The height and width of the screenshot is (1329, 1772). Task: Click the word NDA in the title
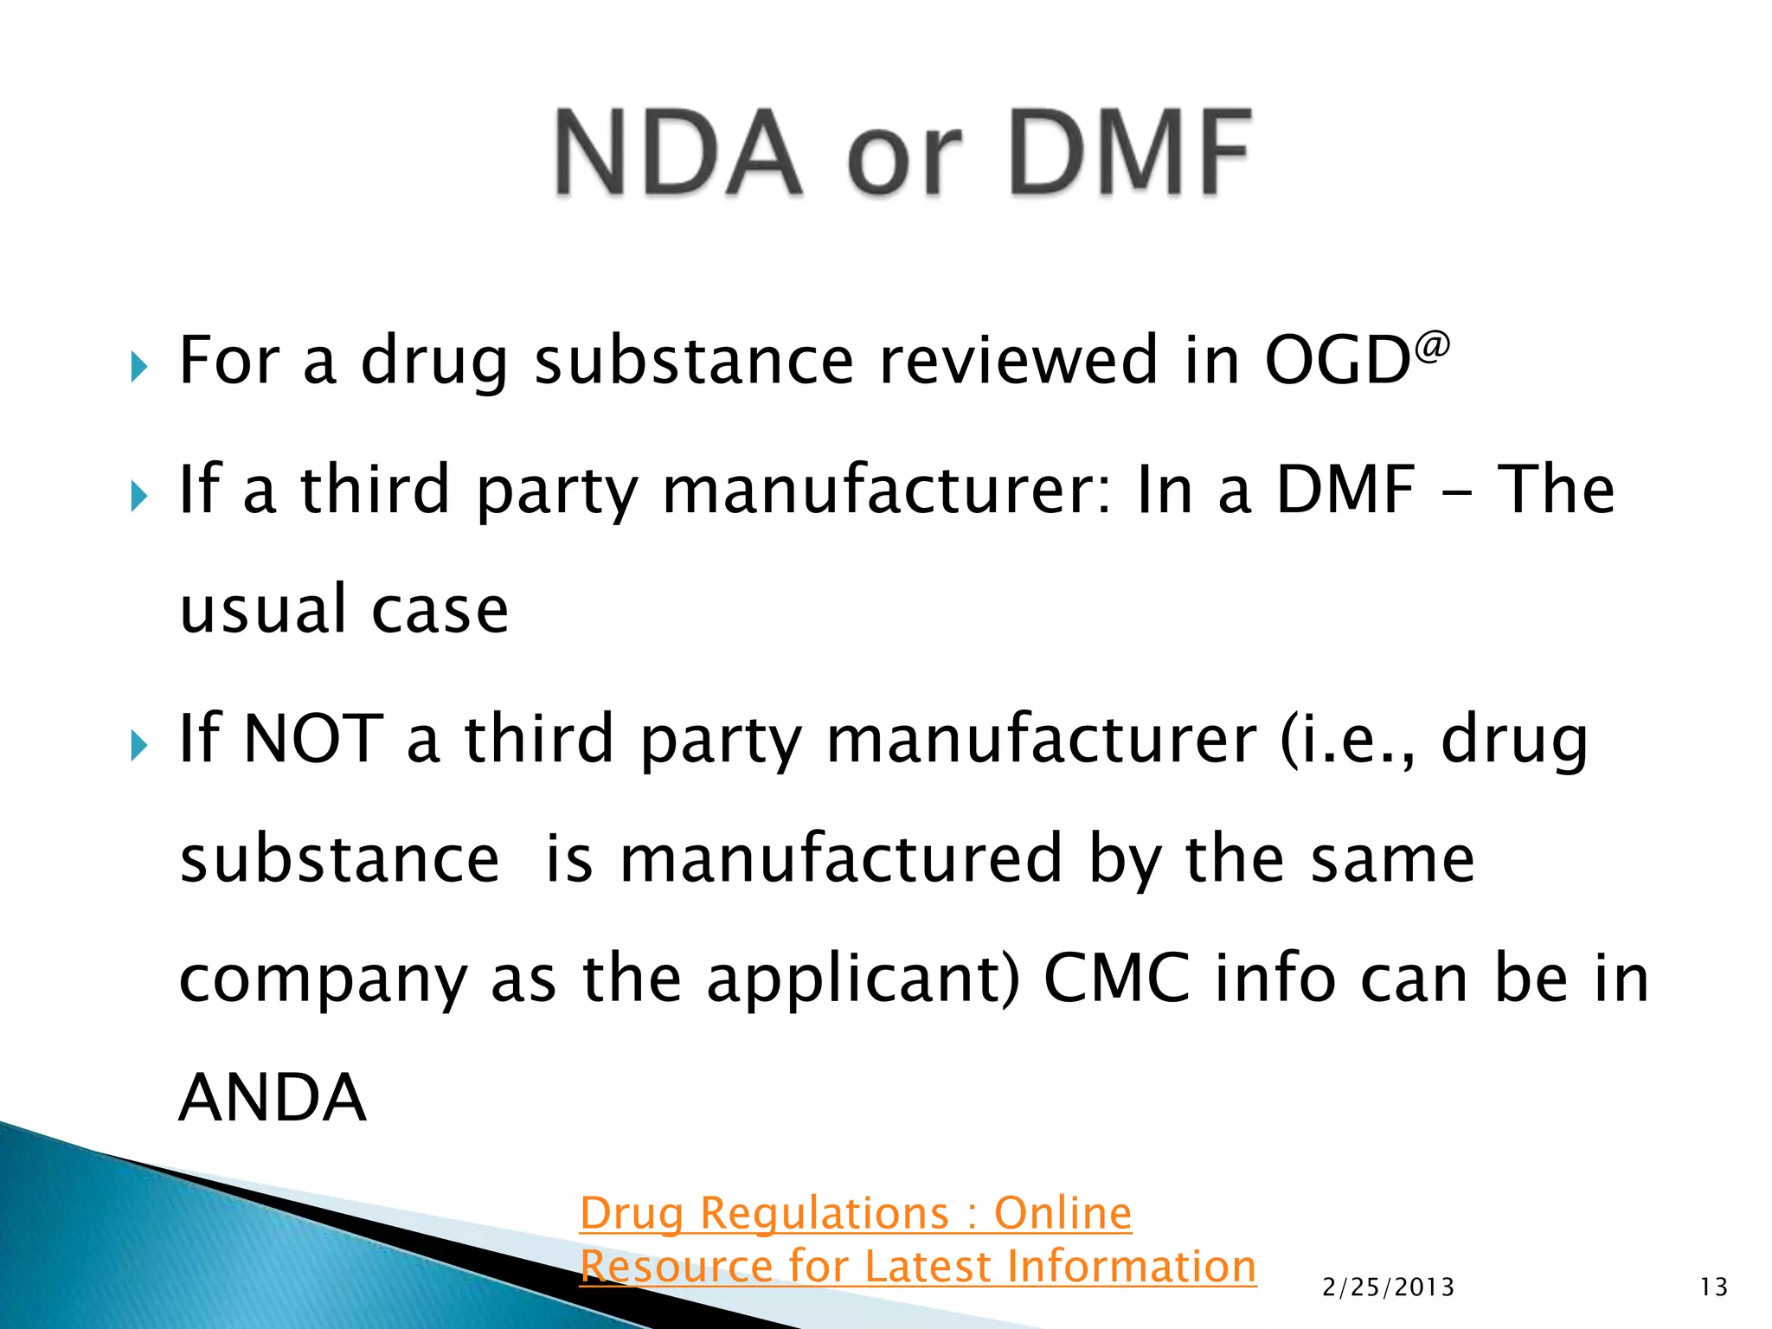[678, 154]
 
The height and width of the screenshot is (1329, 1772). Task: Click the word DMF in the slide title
[1130, 154]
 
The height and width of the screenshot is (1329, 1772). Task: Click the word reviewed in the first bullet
[1018, 360]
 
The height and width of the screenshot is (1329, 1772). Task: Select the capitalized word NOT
[313, 739]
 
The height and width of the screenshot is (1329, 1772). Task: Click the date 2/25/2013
[1388, 1287]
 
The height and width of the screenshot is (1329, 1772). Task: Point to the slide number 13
[1713, 1287]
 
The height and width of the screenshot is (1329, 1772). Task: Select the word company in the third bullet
[323, 980]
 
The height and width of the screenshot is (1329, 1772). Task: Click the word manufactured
[841, 858]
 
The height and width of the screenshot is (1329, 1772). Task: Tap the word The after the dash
[1555, 489]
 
